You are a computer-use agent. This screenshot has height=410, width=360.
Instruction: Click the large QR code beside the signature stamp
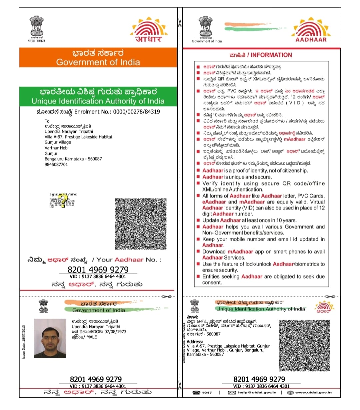click(140, 224)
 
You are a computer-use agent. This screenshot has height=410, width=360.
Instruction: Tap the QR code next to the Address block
click(304, 346)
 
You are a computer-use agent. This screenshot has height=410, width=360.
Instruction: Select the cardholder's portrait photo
click(50, 338)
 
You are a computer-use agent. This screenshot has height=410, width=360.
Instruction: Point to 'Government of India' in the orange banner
click(98, 62)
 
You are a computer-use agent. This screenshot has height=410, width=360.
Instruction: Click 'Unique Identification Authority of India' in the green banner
click(98, 101)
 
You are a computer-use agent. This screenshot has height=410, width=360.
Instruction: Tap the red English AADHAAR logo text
click(311, 40)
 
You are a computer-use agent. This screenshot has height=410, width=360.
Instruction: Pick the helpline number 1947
click(207, 393)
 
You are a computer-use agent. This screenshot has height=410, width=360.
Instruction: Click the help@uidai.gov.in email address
click(257, 393)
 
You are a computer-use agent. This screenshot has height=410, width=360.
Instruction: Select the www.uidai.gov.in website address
click(313, 393)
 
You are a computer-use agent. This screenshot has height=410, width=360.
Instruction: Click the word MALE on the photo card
click(91, 337)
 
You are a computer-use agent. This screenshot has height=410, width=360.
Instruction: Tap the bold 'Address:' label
click(195, 342)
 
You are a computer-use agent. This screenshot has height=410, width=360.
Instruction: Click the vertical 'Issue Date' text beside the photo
click(24, 342)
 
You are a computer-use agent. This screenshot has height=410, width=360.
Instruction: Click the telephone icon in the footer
click(196, 393)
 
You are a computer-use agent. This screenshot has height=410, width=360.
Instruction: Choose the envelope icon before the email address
click(232, 393)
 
